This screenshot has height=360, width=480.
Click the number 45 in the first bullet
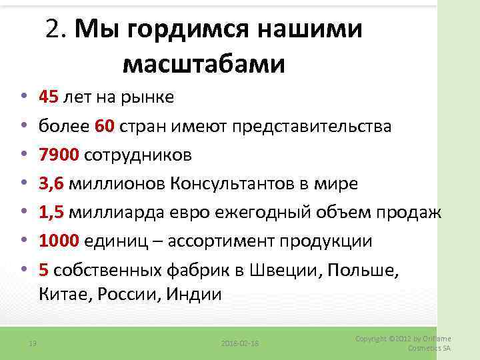[x=49, y=98]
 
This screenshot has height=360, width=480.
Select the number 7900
[x=59, y=155]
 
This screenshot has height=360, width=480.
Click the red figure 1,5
[x=51, y=213]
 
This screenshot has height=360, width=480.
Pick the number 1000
[x=59, y=241]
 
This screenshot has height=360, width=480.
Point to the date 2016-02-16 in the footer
[x=240, y=343]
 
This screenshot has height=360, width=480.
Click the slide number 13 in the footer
[x=32, y=343]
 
